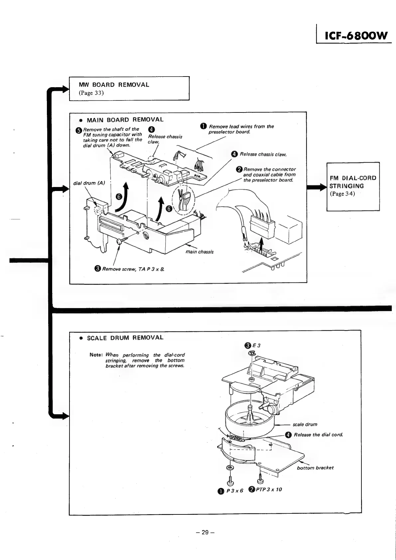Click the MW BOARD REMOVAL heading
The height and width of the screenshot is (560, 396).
(114, 85)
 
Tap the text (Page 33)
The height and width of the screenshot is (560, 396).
(91, 93)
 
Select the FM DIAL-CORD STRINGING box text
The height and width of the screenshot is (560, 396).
(353, 186)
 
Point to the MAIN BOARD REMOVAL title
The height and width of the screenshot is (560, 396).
(125, 119)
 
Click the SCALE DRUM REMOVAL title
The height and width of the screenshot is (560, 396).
(125, 338)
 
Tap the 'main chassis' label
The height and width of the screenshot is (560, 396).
(199, 252)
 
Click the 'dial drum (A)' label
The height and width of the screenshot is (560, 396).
(89, 183)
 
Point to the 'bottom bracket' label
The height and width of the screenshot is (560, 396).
(315, 467)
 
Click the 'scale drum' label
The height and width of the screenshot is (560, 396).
(305, 424)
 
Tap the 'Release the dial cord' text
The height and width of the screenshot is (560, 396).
(318, 435)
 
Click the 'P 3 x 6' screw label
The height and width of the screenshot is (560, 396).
(235, 490)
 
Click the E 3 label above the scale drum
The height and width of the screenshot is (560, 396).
(256, 345)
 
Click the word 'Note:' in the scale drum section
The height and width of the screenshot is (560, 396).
(96, 355)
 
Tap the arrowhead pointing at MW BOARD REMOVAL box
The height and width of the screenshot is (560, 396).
(66, 88)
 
